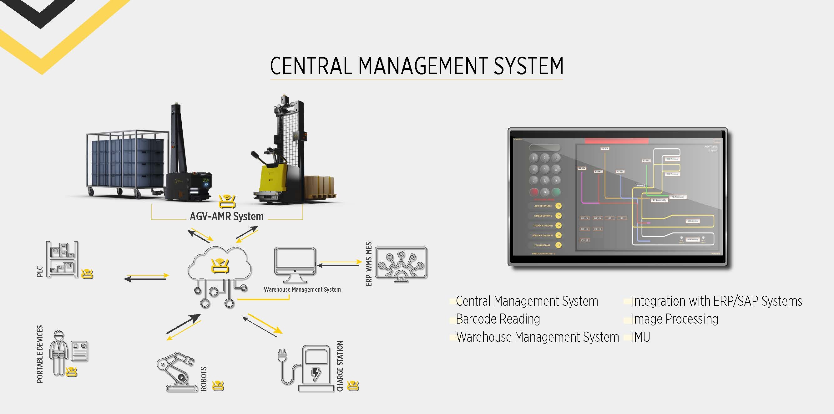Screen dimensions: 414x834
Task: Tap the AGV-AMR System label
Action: tap(226, 216)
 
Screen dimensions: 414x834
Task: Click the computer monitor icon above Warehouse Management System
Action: tap(295, 264)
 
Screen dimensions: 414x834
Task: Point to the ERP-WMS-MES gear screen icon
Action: tap(401, 264)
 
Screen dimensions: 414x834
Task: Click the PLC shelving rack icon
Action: tap(62, 259)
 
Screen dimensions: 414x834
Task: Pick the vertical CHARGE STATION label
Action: tap(340, 366)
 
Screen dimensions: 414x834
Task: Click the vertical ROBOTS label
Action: tap(204, 379)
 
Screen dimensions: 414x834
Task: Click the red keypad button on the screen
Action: tap(534, 192)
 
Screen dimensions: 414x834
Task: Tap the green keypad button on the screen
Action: tap(556, 192)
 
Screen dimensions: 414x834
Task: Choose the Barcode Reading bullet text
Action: tap(498, 319)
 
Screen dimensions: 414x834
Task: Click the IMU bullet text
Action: tap(641, 337)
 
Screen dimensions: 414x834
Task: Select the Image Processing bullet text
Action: tap(675, 319)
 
